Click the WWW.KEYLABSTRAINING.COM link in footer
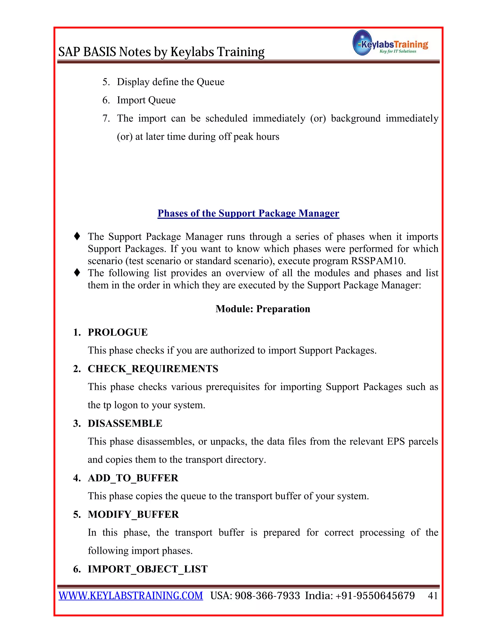pyautogui.click(x=131, y=596)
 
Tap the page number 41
pyautogui.click(x=432, y=596)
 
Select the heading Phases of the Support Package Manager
pyautogui.click(x=248, y=213)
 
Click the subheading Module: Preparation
pyautogui.click(x=263, y=309)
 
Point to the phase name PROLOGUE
pyautogui.click(x=118, y=332)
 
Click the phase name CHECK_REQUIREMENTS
pyautogui.click(x=153, y=369)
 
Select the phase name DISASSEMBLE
pyautogui.click(x=125, y=423)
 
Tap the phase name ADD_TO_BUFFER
pyautogui.click(x=133, y=478)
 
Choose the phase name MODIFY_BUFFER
pyautogui.click(x=133, y=514)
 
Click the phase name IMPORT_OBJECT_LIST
pyautogui.click(x=148, y=569)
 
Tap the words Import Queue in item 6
pyautogui.click(x=146, y=100)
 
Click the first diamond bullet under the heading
pyautogui.click(x=77, y=236)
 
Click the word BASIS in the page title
pyautogui.click(x=100, y=52)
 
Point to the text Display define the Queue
pyautogui.click(x=170, y=82)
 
